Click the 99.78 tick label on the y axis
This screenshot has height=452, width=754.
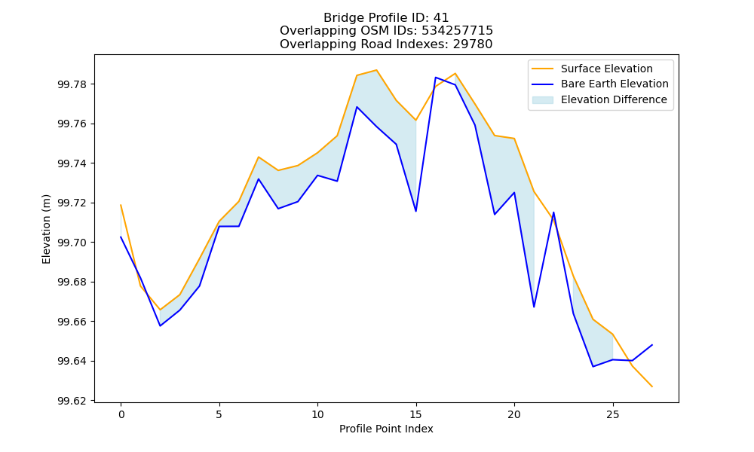(x=72, y=84)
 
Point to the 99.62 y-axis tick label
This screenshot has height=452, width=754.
(x=72, y=401)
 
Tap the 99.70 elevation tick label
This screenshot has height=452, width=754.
(x=72, y=243)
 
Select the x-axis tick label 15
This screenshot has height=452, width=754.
(x=416, y=414)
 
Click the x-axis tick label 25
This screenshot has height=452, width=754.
(x=612, y=414)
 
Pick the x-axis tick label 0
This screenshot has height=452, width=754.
(x=121, y=414)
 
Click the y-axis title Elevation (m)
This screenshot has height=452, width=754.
(x=46, y=229)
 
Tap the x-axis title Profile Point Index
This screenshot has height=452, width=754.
(x=386, y=429)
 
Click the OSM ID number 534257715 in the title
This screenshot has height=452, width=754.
(x=458, y=31)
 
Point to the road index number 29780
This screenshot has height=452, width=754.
(x=473, y=44)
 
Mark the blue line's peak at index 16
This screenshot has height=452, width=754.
(x=436, y=78)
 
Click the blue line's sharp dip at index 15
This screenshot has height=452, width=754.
(x=416, y=211)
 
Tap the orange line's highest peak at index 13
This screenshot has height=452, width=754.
(x=376, y=70)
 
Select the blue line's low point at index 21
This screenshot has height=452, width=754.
(x=534, y=307)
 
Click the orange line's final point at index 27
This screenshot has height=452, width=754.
(x=652, y=386)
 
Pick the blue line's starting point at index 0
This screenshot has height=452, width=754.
(x=121, y=237)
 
